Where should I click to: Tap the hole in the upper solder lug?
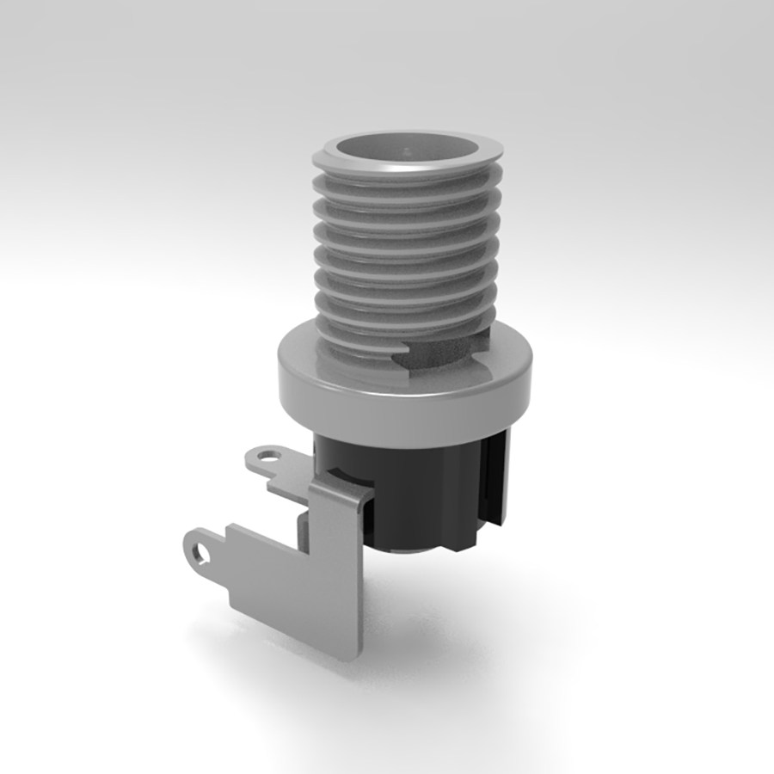(269, 457)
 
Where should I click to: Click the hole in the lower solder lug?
(201, 551)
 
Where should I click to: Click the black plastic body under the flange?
(413, 490)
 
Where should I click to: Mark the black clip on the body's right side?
(494, 482)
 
